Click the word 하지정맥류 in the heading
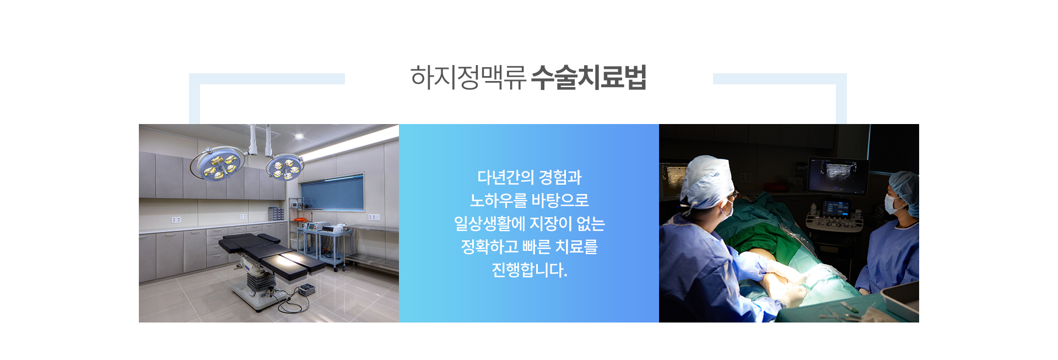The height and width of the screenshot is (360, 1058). (468, 77)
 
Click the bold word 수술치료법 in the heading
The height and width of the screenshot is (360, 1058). (589, 77)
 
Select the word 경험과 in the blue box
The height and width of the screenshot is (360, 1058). (560, 178)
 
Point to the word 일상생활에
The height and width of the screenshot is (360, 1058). (489, 224)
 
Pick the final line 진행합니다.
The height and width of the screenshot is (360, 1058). (529, 270)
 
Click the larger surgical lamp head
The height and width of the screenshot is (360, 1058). (217, 164)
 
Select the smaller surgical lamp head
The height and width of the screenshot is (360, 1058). (285, 168)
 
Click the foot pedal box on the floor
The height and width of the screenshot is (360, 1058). (306, 289)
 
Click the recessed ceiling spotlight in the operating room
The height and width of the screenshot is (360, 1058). (299, 136)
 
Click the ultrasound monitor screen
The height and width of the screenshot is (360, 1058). (838, 175)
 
